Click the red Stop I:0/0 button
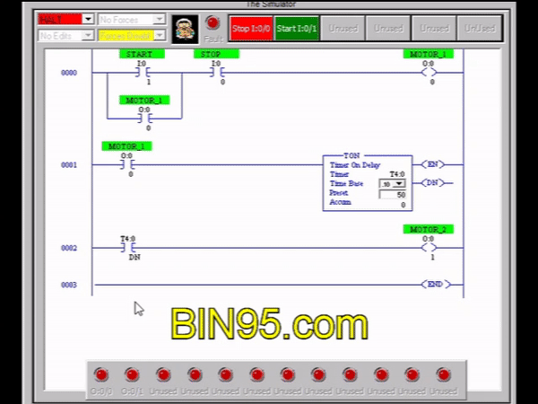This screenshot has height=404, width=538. click(x=251, y=29)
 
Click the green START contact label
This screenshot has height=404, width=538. click(x=141, y=54)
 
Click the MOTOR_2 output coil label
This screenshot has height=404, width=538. click(x=428, y=230)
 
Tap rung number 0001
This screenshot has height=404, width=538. click(x=69, y=165)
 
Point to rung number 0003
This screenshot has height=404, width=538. click(x=69, y=285)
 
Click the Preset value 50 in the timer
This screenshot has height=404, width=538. click(x=394, y=194)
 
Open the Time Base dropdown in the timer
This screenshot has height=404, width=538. click(x=392, y=183)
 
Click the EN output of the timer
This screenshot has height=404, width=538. click(x=434, y=164)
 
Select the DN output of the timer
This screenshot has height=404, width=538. click(x=434, y=183)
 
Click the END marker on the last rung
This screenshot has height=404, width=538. click(x=434, y=285)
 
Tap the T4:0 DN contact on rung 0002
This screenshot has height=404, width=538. click(x=128, y=247)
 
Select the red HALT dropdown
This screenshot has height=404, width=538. click(x=65, y=19)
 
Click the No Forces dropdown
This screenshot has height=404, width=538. click(x=131, y=19)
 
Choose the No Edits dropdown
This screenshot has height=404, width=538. click(x=65, y=35)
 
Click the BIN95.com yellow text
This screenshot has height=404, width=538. click(x=269, y=321)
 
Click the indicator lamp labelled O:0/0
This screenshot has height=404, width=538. click(x=101, y=374)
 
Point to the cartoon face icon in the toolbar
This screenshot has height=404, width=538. click(x=185, y=29)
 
